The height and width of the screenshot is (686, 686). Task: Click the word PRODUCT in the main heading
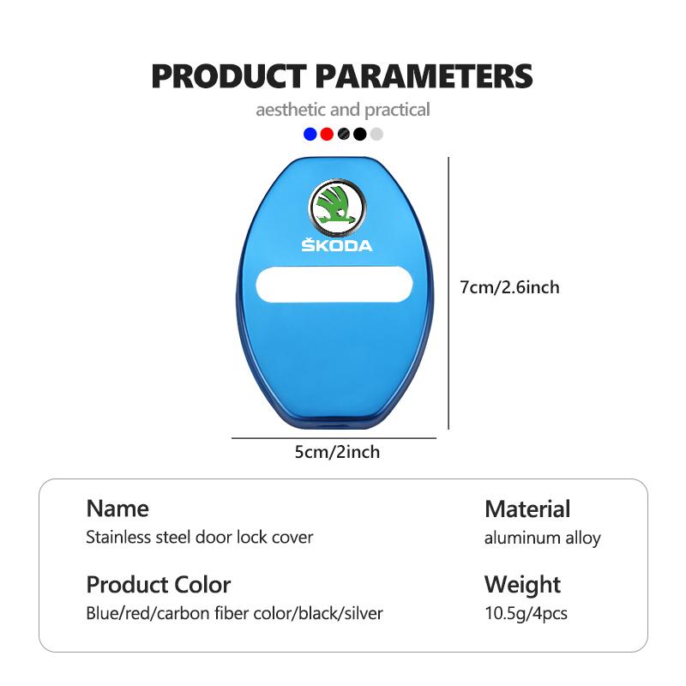point(228,76)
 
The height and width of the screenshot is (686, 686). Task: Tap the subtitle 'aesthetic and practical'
point(342,110)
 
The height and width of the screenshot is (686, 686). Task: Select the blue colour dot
point(310,134)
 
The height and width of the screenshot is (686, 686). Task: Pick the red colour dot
point(327,134)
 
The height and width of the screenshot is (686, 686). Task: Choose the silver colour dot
point(376,134)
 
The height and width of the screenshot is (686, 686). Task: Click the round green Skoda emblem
point(337,206)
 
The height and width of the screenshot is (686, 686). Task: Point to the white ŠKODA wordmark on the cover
point(337,245)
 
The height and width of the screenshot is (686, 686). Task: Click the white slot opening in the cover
point(334,285)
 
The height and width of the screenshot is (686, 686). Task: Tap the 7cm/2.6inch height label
point(509,287)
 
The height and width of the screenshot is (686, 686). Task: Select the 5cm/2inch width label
point(337,452)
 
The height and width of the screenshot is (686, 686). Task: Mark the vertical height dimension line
point(448,293)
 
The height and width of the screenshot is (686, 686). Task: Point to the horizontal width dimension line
point(334,437)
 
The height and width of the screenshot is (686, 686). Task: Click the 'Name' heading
point(117,508)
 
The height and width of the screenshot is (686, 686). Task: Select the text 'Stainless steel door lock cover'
point(200,538)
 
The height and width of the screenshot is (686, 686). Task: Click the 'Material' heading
point(527,508)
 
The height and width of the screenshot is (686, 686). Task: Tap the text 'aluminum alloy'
point(543,539)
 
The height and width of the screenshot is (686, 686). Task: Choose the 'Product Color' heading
point(159,585)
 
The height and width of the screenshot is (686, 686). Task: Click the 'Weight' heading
point(522,585)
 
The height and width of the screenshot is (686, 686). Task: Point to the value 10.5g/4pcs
point(526,613)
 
